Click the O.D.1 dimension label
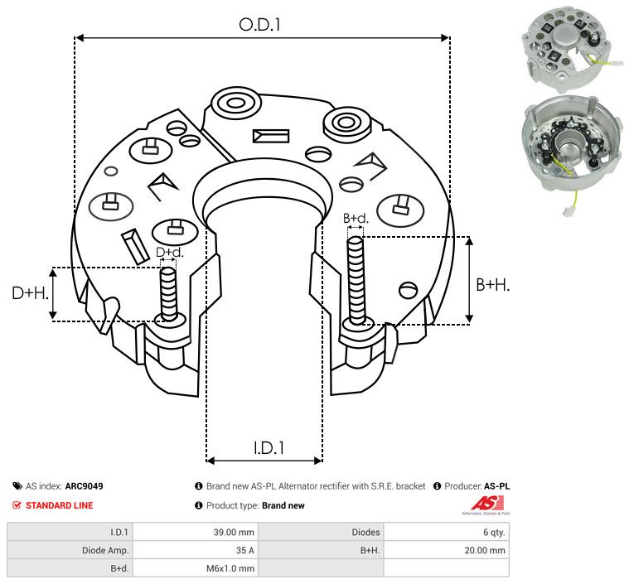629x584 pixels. click(x=260, y=25)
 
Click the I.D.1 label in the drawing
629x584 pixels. click(x=269, y=448)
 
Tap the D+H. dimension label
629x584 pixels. click(x=31, y=293)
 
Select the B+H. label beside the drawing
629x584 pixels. click(x=492, y=284)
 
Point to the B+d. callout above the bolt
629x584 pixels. click(x=356, y=219)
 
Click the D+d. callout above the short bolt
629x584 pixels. click(x=169, y=252)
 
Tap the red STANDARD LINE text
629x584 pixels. click(x=59, y=505)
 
